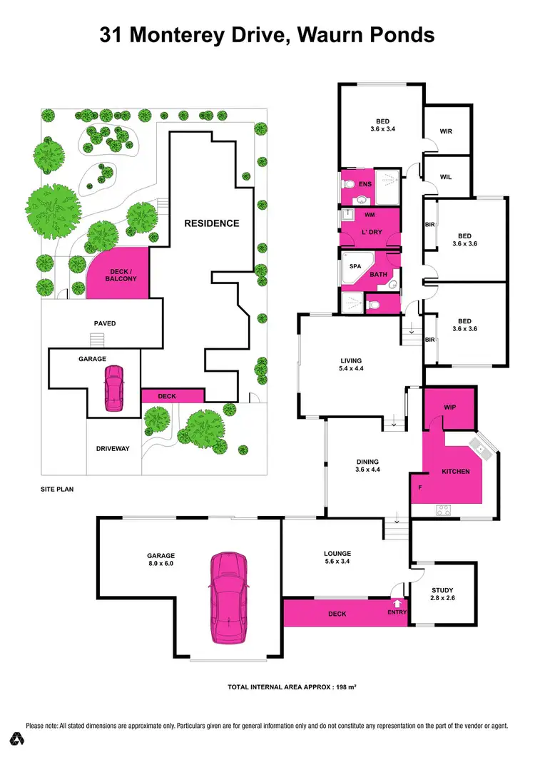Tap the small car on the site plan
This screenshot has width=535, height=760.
[x=113, y=389]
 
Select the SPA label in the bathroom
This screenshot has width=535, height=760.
[x=355, y=265]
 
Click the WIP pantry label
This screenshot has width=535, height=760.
[x=449, y=407]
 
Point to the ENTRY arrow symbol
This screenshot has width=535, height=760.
[x=397, y=604]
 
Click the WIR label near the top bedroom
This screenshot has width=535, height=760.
[x=447, y=131]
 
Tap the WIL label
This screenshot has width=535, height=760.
[x=447, y=177]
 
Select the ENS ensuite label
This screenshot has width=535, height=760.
[x=365, y=185]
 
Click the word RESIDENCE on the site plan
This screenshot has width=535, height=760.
[x=212, y=223]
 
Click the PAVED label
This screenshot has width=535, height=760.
[x=105, y=323]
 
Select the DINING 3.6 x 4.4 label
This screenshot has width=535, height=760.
[x=367, y=466]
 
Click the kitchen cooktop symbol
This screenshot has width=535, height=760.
[x=442, y=510]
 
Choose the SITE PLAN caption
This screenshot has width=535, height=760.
[x=57, y=490]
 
